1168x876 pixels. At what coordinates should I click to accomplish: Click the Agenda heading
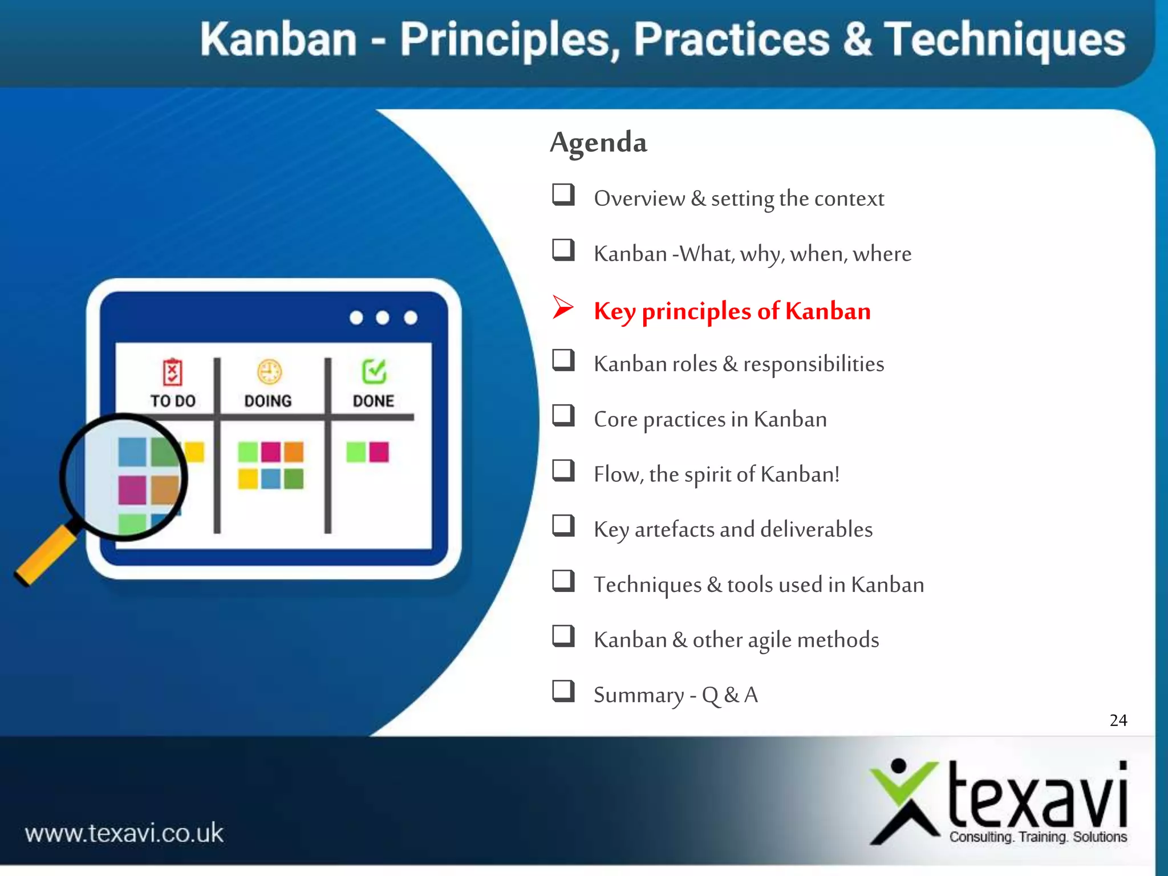click(598, 143)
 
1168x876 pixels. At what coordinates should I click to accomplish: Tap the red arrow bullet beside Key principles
click(562, 308)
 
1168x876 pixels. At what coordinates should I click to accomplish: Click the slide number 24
click(1118, 720)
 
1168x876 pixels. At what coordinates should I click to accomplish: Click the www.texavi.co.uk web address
click(124, 833)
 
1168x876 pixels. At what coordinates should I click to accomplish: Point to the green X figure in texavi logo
click(904, 801)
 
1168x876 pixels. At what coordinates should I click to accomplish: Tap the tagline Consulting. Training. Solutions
click(1038, 837)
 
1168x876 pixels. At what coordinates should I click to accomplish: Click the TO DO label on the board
click(173, 401)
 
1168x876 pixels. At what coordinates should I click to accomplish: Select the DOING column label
click(268, 401)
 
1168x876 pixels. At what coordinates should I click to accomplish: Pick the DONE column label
click(374, 401)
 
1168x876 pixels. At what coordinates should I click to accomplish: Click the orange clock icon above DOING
click(269, 372)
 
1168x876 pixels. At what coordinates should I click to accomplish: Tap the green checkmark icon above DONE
click(374, 371)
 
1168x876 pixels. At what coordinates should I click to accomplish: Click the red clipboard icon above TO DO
click(172, 372)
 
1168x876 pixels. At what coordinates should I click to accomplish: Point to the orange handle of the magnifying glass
click(46, 556)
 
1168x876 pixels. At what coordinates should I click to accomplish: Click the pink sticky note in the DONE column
click(379, 452)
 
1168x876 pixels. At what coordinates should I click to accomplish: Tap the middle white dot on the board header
click(383, 318)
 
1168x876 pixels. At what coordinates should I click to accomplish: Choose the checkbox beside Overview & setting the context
click(563, 194)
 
